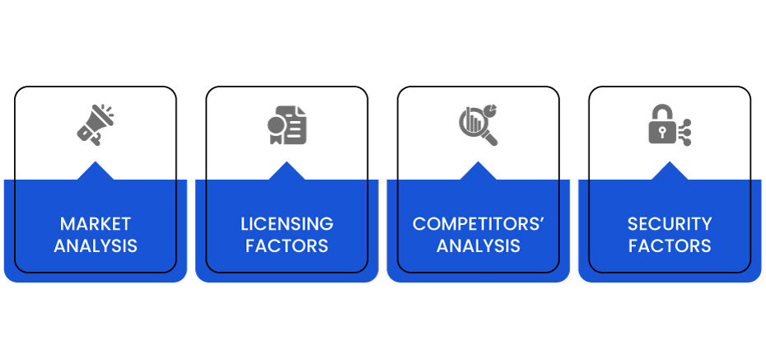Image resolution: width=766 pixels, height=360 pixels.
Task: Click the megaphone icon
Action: click(96, 124)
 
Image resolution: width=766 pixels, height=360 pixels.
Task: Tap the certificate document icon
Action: click(287, 125)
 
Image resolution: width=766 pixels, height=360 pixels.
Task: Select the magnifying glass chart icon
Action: click(479, 125)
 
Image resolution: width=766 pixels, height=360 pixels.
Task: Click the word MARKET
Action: click(96, 224)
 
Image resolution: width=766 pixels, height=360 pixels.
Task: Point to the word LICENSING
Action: click(287, 224)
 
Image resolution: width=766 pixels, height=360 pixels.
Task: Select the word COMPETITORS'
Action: click(479, 224)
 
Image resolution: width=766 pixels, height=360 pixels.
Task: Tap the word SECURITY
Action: click(670, 224)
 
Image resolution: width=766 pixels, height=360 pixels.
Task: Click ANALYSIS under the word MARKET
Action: click(96, 245)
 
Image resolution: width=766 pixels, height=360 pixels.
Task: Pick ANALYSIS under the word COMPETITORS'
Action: click(479, 245)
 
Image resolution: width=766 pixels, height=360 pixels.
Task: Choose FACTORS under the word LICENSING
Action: click(287, 245)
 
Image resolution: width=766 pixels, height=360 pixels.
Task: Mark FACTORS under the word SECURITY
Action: click(670, 245)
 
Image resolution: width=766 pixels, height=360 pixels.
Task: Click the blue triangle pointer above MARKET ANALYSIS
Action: click(96, 172)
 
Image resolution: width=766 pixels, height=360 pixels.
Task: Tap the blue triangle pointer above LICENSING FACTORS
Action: click(287, 172)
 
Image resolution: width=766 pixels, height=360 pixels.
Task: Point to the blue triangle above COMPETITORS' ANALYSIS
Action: click(479, 172)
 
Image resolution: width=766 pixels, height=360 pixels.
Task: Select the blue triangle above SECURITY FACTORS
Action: click(670, 172)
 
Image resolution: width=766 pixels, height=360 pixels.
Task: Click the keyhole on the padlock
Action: click(661, 133)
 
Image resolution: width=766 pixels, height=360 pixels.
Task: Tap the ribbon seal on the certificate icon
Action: click(276, 130)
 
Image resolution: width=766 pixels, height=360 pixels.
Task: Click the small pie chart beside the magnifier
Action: click(490, 109)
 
